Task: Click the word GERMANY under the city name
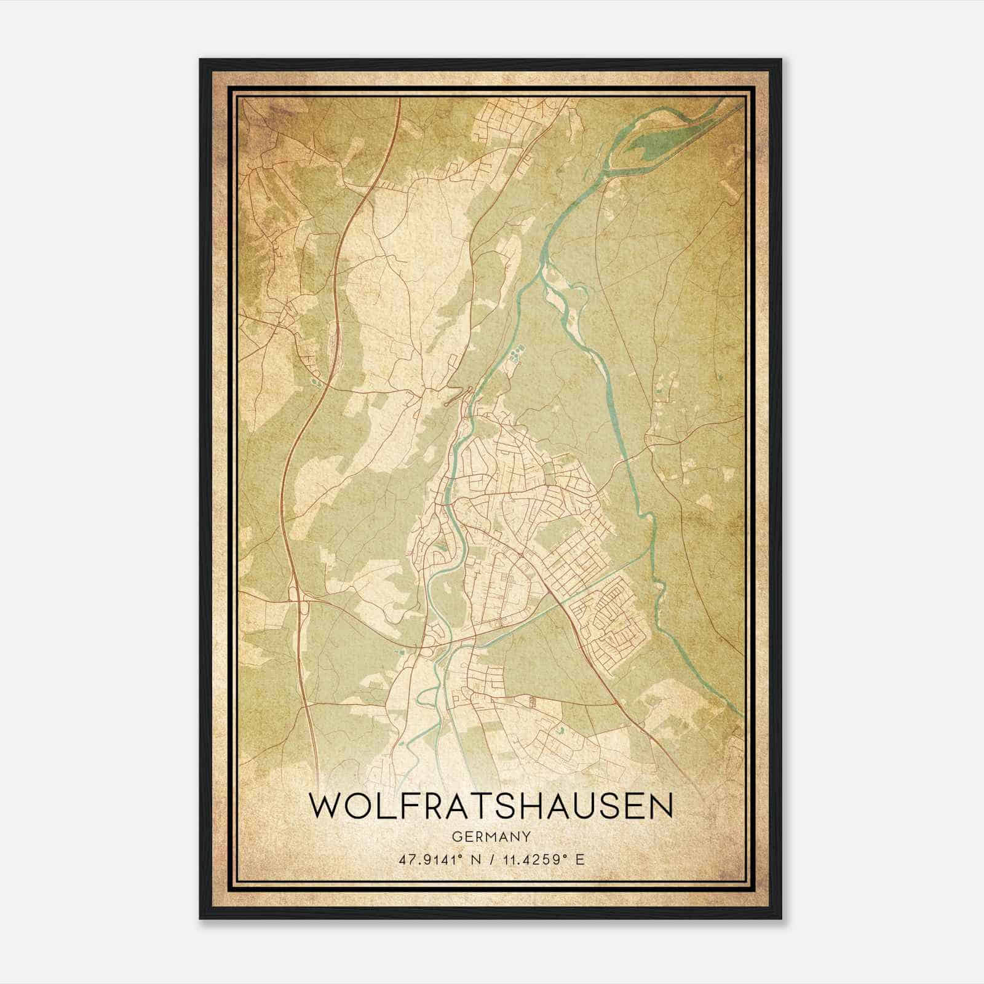(x=491, y=836)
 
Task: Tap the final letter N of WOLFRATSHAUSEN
(x=661, y=806)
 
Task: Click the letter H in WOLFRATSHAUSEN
(x=534, y=806)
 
